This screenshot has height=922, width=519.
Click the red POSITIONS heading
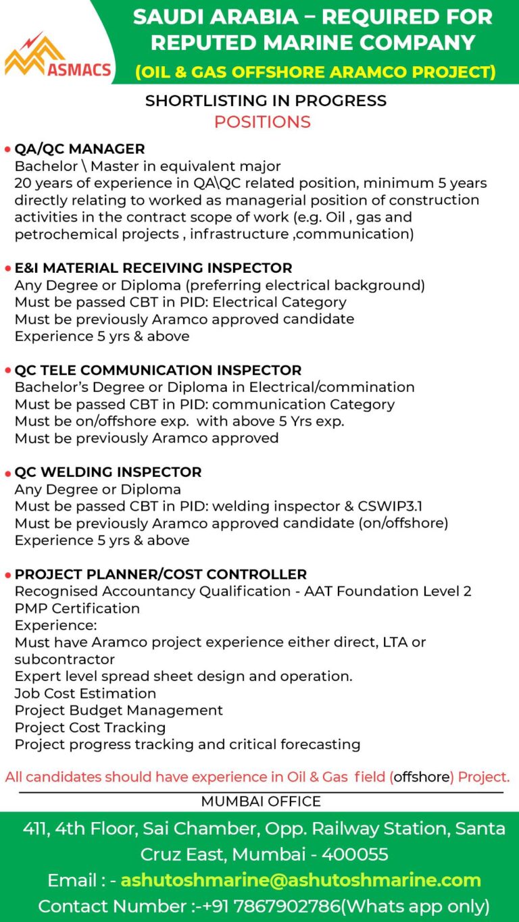point(262,122)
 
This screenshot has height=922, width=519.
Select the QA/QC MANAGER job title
point(80,149)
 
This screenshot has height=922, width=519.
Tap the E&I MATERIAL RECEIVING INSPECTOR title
point(153,268)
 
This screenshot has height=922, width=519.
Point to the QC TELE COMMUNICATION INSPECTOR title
point(158,370)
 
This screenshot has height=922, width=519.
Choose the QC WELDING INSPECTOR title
point(108,472)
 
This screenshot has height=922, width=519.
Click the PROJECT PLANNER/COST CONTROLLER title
point(161,574)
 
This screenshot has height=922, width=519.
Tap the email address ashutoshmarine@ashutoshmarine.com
point(301,881)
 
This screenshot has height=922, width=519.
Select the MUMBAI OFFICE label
point(261,802)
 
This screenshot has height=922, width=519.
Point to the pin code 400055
point(355,854)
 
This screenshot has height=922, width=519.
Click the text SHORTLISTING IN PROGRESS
point(266,101)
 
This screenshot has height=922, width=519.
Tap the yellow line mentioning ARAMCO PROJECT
point(315,72)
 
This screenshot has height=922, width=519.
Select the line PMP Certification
point(77,609)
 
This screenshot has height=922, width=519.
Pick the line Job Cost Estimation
point(85,694)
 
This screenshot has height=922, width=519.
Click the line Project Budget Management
point(119,711)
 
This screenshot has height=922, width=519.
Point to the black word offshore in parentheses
point(422,777)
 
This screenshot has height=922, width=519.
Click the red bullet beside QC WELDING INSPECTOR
point(7,473)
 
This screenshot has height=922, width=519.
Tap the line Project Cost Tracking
point(90,727)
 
